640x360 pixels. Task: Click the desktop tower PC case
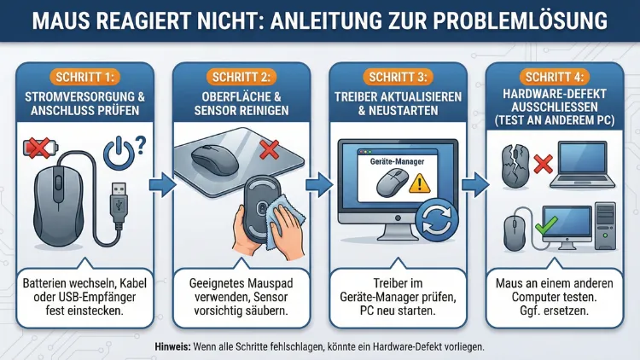608,226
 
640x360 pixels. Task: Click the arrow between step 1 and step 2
161,183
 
